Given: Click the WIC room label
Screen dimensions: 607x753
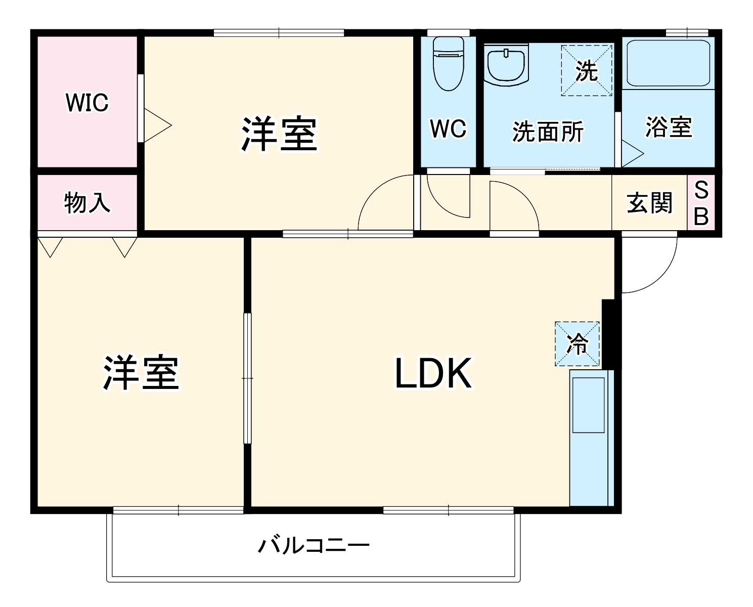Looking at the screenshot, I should pos(87,103).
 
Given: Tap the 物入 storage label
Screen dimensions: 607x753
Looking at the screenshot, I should pos(87,203).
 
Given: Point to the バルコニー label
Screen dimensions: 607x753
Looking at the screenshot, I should pos(314,546).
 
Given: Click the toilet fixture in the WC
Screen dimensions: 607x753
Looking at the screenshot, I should pos(448,63).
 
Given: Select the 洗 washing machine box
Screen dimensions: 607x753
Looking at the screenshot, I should pos(587,70).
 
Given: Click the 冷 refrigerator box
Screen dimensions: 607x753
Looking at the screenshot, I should pos(577,344).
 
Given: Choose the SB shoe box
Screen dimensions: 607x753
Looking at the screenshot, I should pos(701,203).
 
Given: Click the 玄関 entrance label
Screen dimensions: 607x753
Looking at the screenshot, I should pos(650,203).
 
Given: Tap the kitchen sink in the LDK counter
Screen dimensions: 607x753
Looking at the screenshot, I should pos(588,405).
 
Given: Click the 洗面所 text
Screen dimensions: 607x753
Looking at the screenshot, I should pos(548,132).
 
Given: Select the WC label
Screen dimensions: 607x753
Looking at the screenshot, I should pos(448,129).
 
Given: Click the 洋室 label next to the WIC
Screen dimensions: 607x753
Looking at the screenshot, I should pos(279,134).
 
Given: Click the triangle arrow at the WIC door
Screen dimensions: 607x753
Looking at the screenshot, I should pos(157,125).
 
